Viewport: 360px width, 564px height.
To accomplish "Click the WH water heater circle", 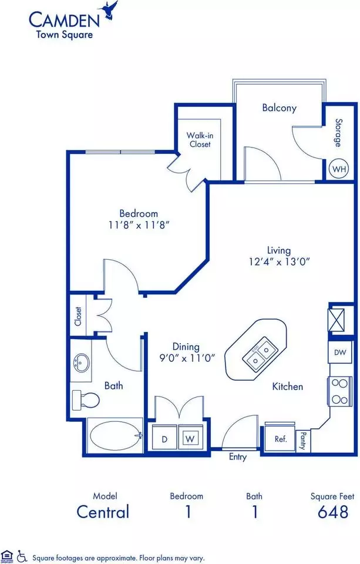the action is click(x=339, y=169).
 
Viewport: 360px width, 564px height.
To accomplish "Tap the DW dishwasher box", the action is click(x=340, y=352).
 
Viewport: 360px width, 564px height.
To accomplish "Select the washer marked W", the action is click(x=190, y=438).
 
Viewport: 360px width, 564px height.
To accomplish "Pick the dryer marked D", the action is click(x=164, y=438).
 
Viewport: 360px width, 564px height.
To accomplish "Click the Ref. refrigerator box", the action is click(x=280, y=439).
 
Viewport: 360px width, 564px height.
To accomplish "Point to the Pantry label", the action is click(x=303, y=441).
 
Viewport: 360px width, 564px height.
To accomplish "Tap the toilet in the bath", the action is click(x=86, y=399).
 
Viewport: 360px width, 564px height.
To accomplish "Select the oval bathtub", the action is click(x=115, y=436).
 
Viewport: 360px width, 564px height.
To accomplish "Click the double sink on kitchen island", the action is click(x=260, y=354).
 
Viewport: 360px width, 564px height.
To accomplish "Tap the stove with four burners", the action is click(x=339, y=391).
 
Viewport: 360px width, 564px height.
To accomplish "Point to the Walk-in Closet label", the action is click(x=200, y=140).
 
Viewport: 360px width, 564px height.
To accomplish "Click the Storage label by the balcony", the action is click(x=339, y=133).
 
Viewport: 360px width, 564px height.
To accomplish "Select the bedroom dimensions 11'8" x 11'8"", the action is click(x=139, y=225).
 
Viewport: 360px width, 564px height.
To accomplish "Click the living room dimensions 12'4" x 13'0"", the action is click(x=280, y=261).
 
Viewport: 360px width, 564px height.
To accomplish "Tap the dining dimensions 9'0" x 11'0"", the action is click(x=187, y=358).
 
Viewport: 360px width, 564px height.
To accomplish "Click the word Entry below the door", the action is click(x=238, y=457).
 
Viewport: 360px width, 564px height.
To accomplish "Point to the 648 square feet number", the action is click(x=333, y=512).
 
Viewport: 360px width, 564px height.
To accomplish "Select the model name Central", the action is click(x=103, y=512).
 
